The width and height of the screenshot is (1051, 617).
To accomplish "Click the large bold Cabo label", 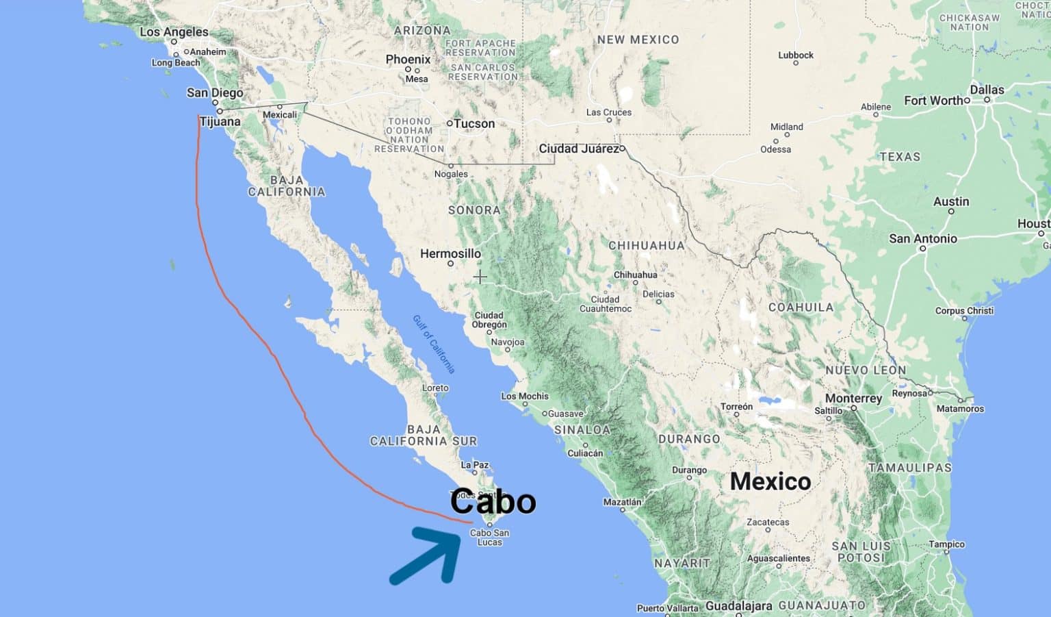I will click(493, 502).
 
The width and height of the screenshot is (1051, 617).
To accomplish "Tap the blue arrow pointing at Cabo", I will click(425, 555).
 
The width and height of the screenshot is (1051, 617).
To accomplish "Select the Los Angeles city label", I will click(174, 32).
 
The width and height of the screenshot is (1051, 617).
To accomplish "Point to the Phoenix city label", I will click(408, 60).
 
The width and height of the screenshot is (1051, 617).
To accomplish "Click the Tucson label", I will click(473, 124).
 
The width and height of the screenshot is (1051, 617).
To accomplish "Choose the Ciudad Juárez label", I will click(578, 149).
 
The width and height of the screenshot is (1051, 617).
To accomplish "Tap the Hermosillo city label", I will click(450, 254).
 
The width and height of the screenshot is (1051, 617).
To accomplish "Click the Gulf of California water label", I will click(434, 344).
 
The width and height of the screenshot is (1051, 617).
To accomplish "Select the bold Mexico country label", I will click(770, 481).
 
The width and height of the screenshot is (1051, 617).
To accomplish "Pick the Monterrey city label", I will click(853, 399).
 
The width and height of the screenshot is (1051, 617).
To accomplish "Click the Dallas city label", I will click(987, 90).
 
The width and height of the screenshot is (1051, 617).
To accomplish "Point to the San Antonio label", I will click(922, 239).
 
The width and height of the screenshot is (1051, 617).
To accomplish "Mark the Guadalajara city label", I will click(738, 606).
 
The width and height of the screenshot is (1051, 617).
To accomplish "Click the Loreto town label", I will click(435, 388).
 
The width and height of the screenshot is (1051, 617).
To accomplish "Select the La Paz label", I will click(475, 465).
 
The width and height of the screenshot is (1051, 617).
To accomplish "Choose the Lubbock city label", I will click(796, 55).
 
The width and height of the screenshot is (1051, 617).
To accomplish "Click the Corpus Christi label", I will click(964, 311).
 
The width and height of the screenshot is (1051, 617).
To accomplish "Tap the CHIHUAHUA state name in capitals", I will click(646, 246).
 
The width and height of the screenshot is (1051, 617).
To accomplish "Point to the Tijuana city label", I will click(220, 122).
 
